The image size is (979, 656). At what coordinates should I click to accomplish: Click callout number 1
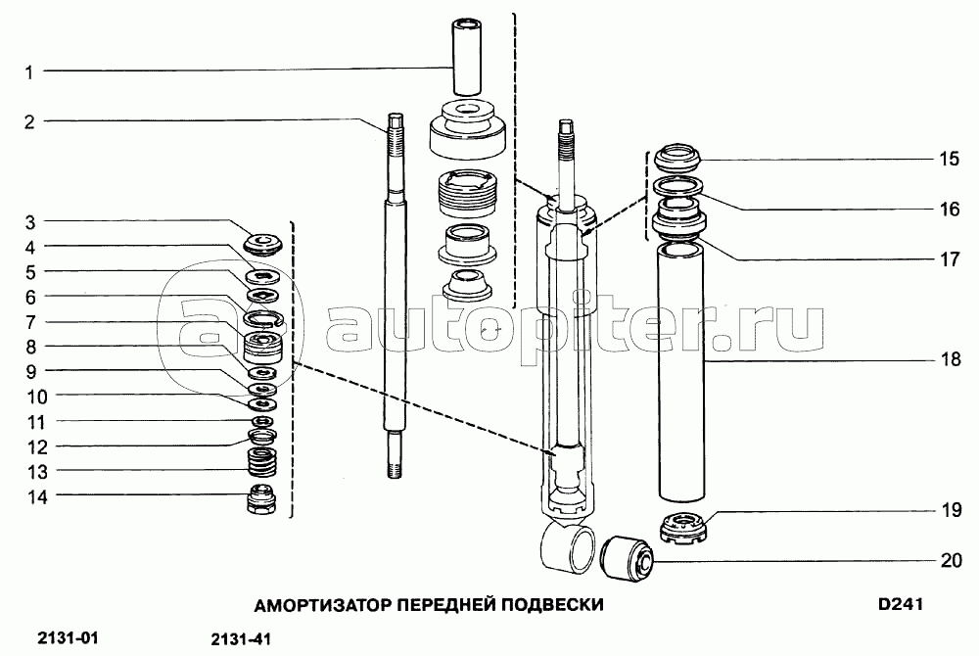(x=28, y=72)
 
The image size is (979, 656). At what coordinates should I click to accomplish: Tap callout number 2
(x=29, y=121)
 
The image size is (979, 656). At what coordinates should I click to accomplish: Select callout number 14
(x=37, y=496)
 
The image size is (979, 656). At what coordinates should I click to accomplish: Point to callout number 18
(x=951, y=359)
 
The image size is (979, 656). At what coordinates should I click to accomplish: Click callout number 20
(x=951, y=560)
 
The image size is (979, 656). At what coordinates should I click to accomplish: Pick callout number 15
(x=949, y=159)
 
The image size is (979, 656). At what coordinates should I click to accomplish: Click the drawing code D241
(x=900, y=604)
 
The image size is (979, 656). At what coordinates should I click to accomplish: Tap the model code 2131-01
(x=69, y=638)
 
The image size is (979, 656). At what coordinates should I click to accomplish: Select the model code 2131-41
(x=241, y=639)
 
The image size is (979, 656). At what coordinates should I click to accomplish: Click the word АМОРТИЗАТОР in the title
(x=323, y=605)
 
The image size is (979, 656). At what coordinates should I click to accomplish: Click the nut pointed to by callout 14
(x=262, y=498)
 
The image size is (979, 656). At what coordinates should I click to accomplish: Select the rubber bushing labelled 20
(x=627, y=558)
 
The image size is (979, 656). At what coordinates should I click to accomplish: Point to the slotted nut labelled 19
(x=683, y=529)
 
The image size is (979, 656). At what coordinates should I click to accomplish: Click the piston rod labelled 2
(x=395, y=296)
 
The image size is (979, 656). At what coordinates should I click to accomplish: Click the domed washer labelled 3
(x=262, y=244)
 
